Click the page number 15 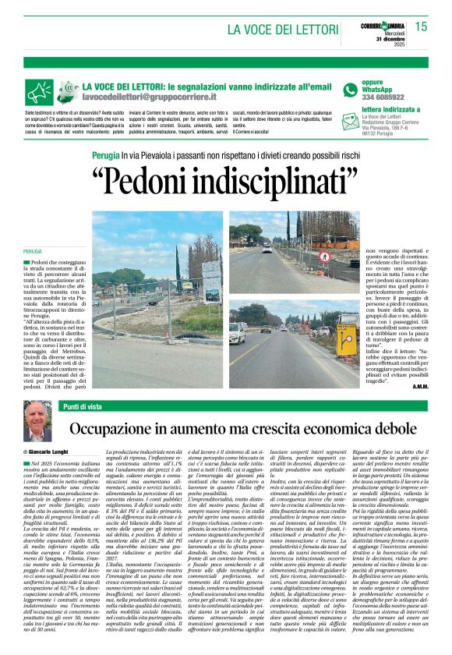421,27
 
